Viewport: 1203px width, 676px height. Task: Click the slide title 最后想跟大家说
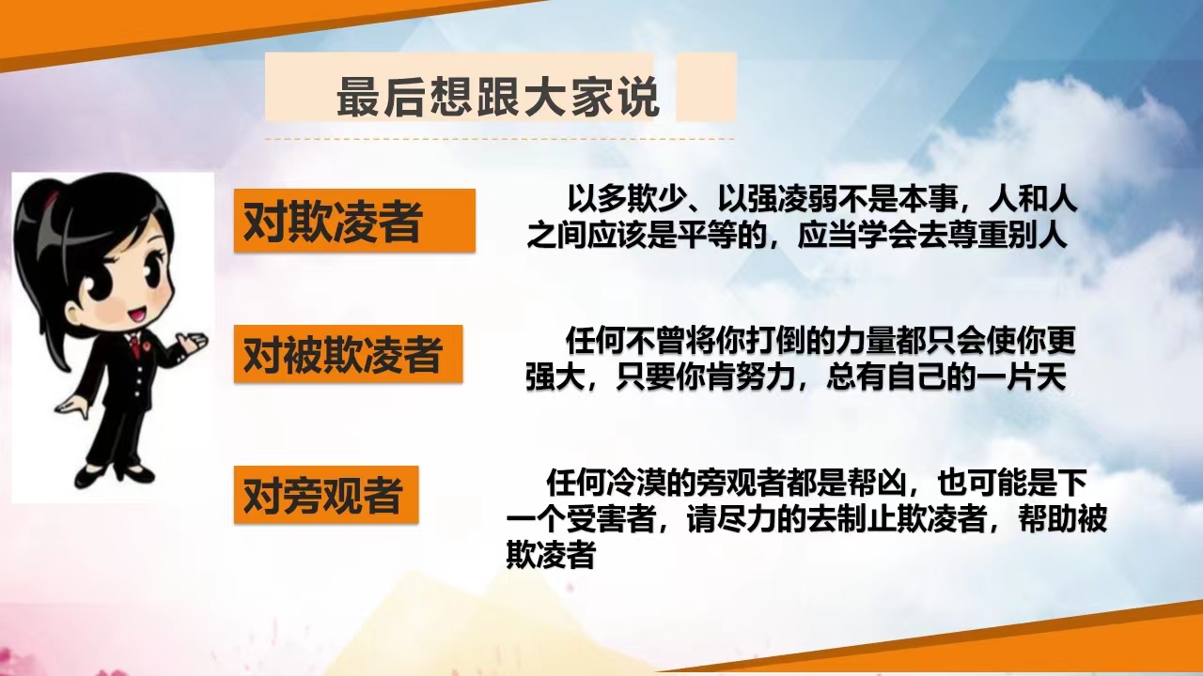[498, 97]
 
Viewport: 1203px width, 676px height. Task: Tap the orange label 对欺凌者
[354, 221]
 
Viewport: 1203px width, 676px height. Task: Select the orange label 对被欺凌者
[348, 354]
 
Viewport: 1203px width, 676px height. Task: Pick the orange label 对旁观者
[326, 495]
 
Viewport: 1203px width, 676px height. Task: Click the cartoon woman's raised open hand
[192, 343]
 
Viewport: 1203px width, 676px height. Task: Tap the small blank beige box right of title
[706, 87]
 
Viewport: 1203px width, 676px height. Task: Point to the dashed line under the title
[499, 139]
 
